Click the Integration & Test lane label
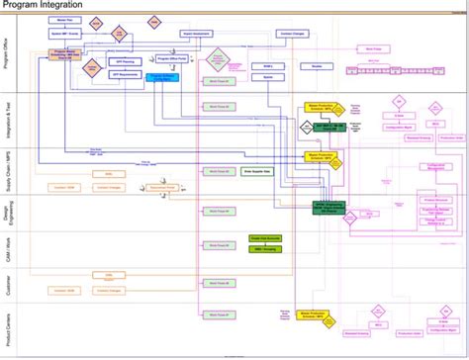tap(8, 120)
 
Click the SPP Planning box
tap(123, 60)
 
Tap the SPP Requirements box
tap(123, 73)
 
